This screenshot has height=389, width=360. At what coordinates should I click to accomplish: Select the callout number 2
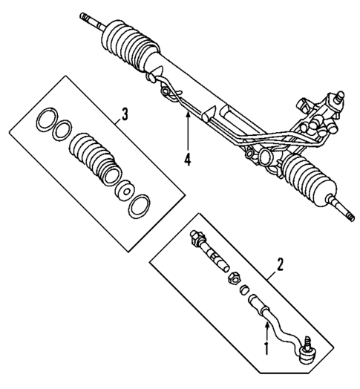pos(280,264)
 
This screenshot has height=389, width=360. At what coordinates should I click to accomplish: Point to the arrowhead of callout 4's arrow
pos(189,116)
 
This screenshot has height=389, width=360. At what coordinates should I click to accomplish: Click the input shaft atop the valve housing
pos(338,94)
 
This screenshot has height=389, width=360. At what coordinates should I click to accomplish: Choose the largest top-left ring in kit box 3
pos(47,118)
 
